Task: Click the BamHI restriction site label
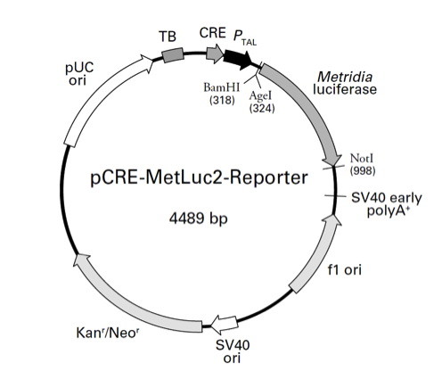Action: [x=221, y=87]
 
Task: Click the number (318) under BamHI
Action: [x=221, y=100]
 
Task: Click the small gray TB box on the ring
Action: [x=172, y=55]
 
